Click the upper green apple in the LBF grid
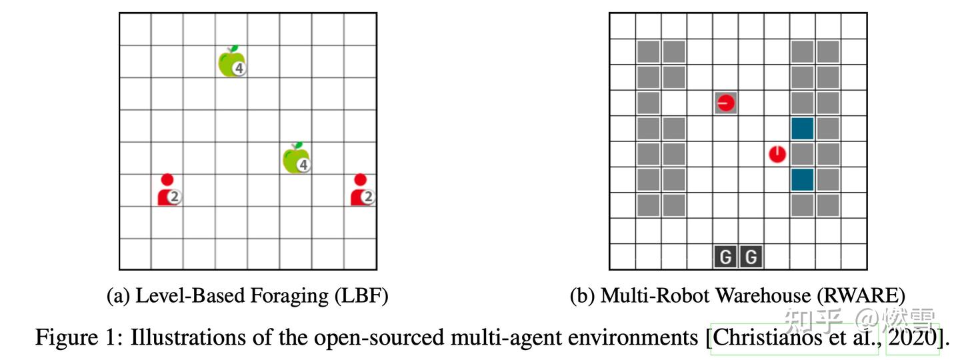pyautogui.click(x=230, y=62)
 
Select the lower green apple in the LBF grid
pyautogui.click(x=295, y=159)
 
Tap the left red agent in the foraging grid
pyautogui.click(x=167, y=190)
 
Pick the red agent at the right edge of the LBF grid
pyautogui.click(x=360, y=190)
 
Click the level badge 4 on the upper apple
pyautogui.click(x=239, y=68)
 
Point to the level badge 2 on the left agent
pyautogui.click(x=175, y=197)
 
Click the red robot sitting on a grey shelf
pyautogui.click(x=725, y=103)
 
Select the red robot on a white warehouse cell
pyautogui.click(x=777, y=155)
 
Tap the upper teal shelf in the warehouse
pyautogui.click(x=802, y=129)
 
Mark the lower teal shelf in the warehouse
pyautogui.click(x=802, y=180)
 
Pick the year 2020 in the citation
pyautogui.click(x=913, y=337)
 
